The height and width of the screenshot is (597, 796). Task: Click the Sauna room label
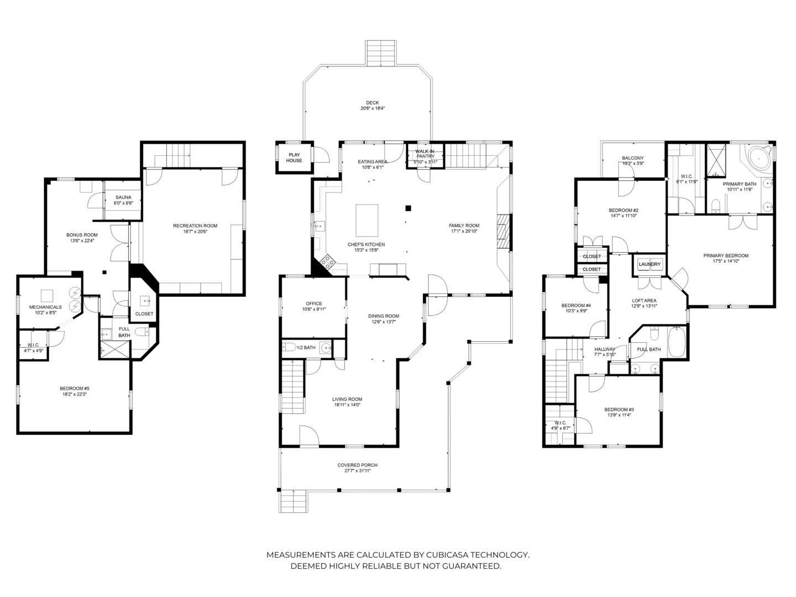click(x=123, y=197)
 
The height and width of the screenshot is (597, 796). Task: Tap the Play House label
click(x=294, y=158)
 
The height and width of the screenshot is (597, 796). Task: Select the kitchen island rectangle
click(x=366, y=221)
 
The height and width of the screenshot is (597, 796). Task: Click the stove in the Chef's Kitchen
click(x=327, y=261)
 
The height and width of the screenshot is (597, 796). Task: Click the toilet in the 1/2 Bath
click(x=289, y=347)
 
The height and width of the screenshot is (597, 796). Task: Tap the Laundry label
click(x=650, y=264)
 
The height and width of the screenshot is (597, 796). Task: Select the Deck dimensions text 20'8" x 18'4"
click(x=373, y=108)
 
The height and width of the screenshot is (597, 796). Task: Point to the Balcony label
click(x=633, y=158)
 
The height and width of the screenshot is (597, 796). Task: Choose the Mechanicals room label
click(x=45, y=307)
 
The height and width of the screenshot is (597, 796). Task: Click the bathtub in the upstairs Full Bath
click(x=677, y=342)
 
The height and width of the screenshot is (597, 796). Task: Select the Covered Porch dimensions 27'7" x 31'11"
click(x=358, y=471)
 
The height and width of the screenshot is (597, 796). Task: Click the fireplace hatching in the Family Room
click(x=504, y=232)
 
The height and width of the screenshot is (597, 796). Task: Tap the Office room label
click(x=313, y=304)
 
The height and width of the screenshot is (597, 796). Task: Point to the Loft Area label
click(x=644, y=301)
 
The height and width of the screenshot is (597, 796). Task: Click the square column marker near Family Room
click(x=409, y=208)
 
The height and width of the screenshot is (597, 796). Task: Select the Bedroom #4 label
click(x=576, y=306)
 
